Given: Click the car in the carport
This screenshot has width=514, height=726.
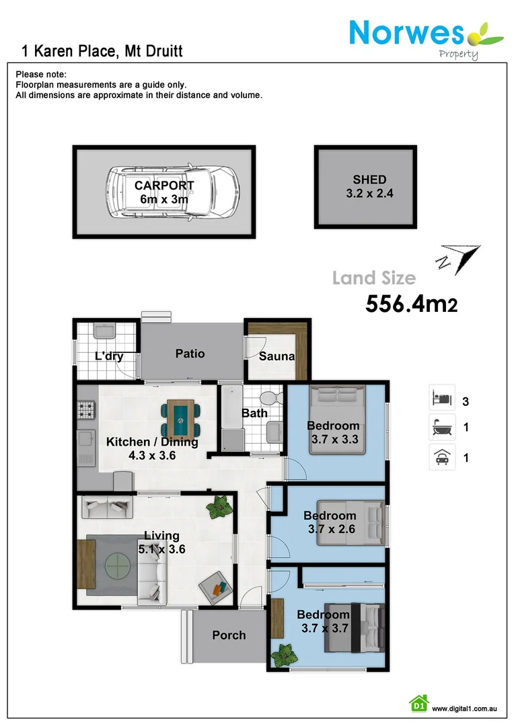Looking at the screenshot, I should [x=173, y=191].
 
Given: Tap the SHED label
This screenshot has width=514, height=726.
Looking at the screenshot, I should [x=369, y=179].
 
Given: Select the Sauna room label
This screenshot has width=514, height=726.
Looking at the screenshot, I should [x=277, y=356].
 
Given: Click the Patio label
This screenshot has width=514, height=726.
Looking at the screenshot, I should [x=190, y=354].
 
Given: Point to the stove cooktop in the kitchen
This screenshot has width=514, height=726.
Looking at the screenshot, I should [x=87, y=408].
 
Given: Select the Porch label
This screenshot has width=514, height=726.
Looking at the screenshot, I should [x=229, y=635].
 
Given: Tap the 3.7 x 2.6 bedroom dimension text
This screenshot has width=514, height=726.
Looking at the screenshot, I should [x=330, y=529].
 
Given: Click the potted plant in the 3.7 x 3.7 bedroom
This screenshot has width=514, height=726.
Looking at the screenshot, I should [x=284, y=653].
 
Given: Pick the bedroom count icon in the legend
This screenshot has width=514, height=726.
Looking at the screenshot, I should [x=442, y=397].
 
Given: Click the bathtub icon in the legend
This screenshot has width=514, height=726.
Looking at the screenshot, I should [x=442, y=427].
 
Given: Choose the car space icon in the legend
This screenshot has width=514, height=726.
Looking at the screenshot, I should [x=442, y=458].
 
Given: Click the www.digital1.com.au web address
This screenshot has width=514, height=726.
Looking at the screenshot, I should [x=464, y=709].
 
